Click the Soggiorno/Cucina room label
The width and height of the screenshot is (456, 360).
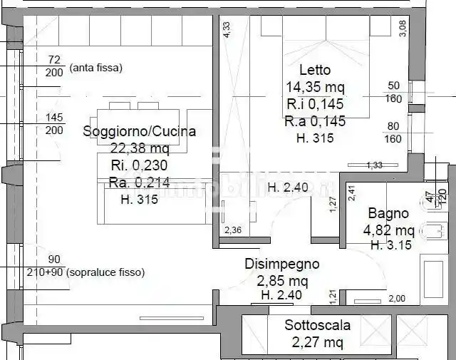click(x=139, y=131)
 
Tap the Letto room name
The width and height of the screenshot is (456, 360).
click(x=315, y=70)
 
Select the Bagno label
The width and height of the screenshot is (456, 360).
click(x=388, y=212)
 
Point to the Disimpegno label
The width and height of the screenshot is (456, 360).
click(x=281, y=263)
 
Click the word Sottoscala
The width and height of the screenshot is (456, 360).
click(x=318, y=326)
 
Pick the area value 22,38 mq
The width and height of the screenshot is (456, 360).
click(x=140, y=148)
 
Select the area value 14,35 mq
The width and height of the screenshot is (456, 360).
click(x=315, y=88)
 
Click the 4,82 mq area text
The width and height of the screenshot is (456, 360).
click(x=389, y=230)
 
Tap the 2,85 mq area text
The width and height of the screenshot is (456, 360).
click(x=281, y=279)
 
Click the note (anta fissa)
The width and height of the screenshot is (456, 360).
click(x=96, y=68)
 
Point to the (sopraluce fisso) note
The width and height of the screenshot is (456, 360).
click(x=107, y=272)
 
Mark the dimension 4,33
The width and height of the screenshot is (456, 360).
click(x=227, y=29)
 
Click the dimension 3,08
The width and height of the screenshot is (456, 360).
click(x=403, y=28)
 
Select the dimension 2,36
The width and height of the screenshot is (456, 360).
click(x=233, y=230)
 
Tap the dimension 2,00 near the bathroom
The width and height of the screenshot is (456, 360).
click(x=396, y=299)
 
